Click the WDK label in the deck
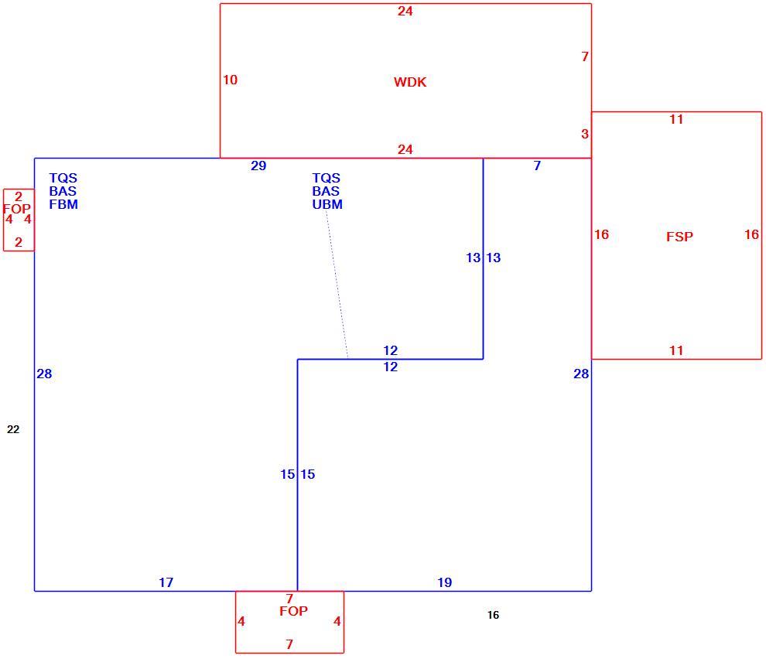click(x=410, y=82)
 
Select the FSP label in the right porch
click(x=679, y=237)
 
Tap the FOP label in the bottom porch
click(x=293, y=611)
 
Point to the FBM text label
click(x=63, y=204)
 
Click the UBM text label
click(x=327, y=204)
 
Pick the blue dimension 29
click(x=258, y=166)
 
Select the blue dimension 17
click(x=166, y=582)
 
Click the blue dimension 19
click(x=445, y=582)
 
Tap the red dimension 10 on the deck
click(x=230, y=80)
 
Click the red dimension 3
click(x=585, y=135)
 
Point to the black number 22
click(x=13, y=429)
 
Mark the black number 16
click(x=494, y=616)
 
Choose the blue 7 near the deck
click(x=538, y=166)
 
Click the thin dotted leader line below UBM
click(x=337, y=285)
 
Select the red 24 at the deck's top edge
click(x=405, y=12)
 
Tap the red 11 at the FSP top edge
click(x=676, y=120)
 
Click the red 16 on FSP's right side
click(x=751, y=235)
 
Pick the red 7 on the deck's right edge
click(x=585, y=56)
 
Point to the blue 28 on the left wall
click(x=44, y=374)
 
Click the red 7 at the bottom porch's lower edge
click(x=289, y=644)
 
